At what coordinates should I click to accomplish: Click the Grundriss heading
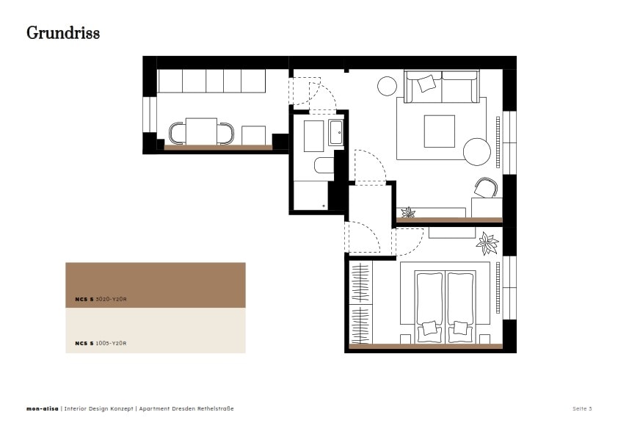tap(63, 33)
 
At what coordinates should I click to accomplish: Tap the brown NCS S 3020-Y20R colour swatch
tap(156, 285)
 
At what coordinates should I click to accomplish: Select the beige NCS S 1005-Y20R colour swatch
tap(156, 331)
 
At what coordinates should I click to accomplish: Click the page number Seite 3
tap(582, 408)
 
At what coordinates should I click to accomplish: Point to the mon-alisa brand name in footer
tap(42, 408)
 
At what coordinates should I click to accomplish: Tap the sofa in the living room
tap(442, 87)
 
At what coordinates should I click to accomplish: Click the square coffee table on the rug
tap(440, 131)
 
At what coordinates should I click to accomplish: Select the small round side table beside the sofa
tap(387, 86)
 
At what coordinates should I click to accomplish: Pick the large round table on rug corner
tap(477, 152)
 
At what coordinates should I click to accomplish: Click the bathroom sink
tap(336, 132)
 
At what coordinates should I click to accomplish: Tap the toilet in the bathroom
tap(324, 165)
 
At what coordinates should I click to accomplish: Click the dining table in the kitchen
tap(201, 131)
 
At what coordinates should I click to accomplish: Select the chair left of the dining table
tap(177, 134)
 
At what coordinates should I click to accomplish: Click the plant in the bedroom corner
tap(487, 243)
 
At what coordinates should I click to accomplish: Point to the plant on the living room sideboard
tap(408, 212)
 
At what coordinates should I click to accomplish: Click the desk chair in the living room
tap(486, 187)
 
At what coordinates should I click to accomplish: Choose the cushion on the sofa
tap(426, 83)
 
